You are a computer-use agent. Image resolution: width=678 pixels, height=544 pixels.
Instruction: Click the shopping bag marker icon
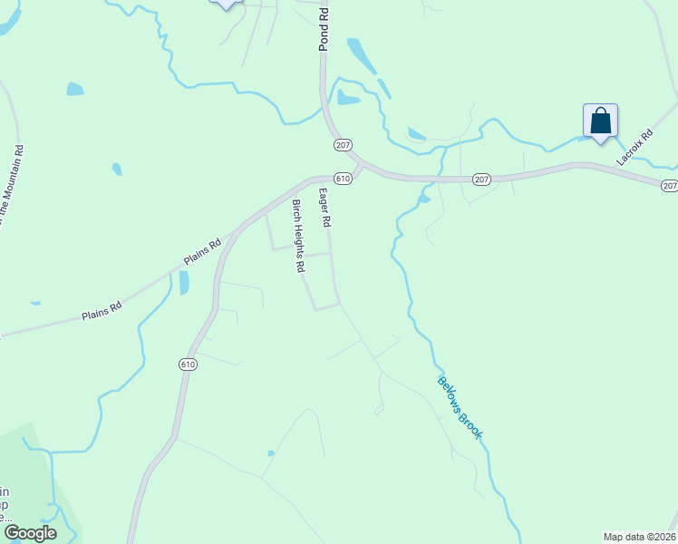tap(600, 121)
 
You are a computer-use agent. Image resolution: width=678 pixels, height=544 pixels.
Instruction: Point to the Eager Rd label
tap(324, 208)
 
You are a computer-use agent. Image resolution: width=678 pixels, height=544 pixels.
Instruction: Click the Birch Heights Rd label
tap(295, 237)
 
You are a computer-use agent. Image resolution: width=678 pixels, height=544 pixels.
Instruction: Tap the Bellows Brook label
tap(460, 407)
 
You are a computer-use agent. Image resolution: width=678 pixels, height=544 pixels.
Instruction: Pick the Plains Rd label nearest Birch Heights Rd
tap(202, 252)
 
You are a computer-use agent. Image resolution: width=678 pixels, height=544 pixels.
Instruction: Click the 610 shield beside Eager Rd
tap(343, 179)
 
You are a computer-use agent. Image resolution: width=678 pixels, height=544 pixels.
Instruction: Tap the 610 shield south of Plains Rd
tap(188, 364)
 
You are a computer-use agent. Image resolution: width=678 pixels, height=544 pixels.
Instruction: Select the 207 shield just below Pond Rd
tap(343, 145)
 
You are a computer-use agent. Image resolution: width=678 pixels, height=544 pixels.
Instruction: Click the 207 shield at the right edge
tap(669, 185)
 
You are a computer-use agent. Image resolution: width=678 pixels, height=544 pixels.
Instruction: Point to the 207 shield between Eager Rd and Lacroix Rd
tap(481, 180)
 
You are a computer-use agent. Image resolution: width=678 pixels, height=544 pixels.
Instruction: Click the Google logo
tap(30, 533)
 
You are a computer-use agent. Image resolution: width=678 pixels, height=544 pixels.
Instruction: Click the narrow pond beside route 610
tap(184, 283)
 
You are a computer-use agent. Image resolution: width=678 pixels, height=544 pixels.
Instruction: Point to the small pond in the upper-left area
tap(74, 89)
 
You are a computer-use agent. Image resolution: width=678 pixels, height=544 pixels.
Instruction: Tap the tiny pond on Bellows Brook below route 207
tap(423, 198)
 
